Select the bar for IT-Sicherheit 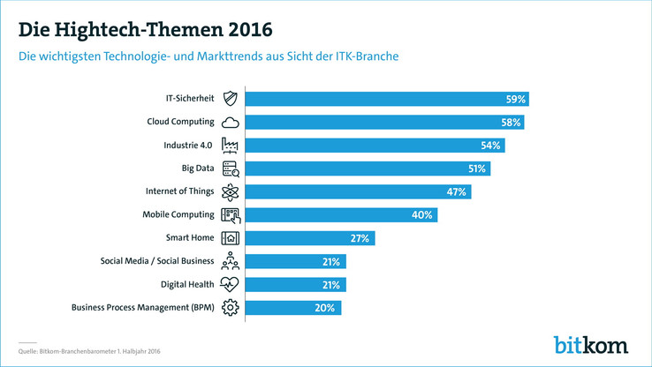pos(386,99)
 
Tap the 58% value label pos(510,123)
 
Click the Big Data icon pos(230,169)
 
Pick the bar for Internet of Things pos(357,191)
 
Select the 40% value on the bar pos(422,215)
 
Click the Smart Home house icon pos(230,238)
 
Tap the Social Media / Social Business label pos(157,261)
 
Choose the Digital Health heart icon pos(230,284)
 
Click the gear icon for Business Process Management pos(230,308)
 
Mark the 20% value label pos(324,308)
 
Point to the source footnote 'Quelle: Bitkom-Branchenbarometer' pos(88,351)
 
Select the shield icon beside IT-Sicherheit pos(230,99)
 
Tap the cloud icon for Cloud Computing pos(230,123)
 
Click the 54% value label pos(490,146)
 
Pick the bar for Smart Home pos(309,238)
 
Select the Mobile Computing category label pos(178,214)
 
